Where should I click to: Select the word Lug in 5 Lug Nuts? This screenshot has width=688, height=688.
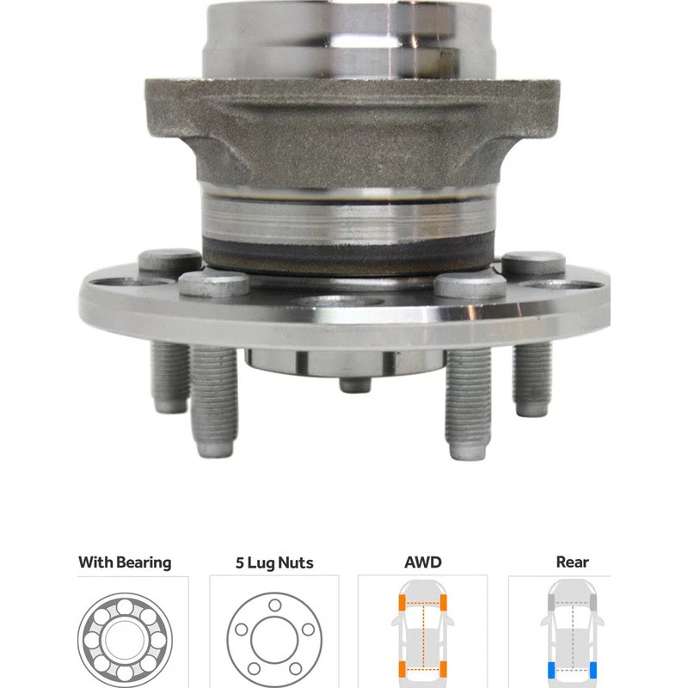point(264,564)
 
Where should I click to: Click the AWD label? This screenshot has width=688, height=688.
point(422,563)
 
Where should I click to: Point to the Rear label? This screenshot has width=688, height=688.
point(572,563)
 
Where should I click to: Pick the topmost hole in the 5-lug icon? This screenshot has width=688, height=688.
point(274,605)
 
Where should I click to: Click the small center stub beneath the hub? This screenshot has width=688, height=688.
point(355,382)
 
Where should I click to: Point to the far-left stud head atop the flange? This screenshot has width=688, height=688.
point(169,261)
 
